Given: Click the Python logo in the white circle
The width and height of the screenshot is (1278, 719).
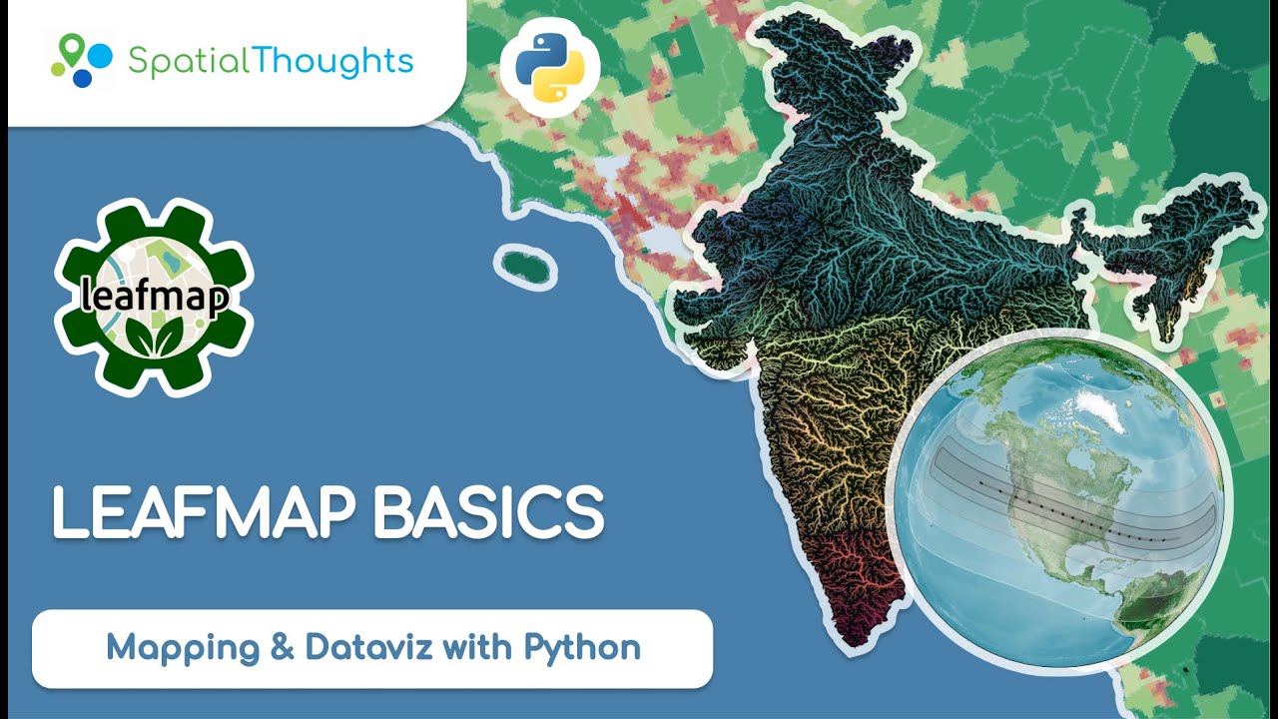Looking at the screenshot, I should point(549,67).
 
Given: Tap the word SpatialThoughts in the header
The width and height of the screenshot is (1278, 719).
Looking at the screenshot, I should point(271,60).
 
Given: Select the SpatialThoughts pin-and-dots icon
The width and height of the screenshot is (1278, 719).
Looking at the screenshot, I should point(82,60).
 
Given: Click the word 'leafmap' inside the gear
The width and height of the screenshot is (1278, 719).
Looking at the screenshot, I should point(155,297).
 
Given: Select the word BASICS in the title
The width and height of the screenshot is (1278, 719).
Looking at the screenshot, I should point(488,514).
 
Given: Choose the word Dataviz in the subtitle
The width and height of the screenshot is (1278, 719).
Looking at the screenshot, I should point(368,647).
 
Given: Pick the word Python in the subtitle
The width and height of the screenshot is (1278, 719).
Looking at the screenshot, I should point(582,647).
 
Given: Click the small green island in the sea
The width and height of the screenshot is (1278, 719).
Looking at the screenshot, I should point(526,267).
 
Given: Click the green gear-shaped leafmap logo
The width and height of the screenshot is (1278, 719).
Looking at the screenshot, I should point(155,297).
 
